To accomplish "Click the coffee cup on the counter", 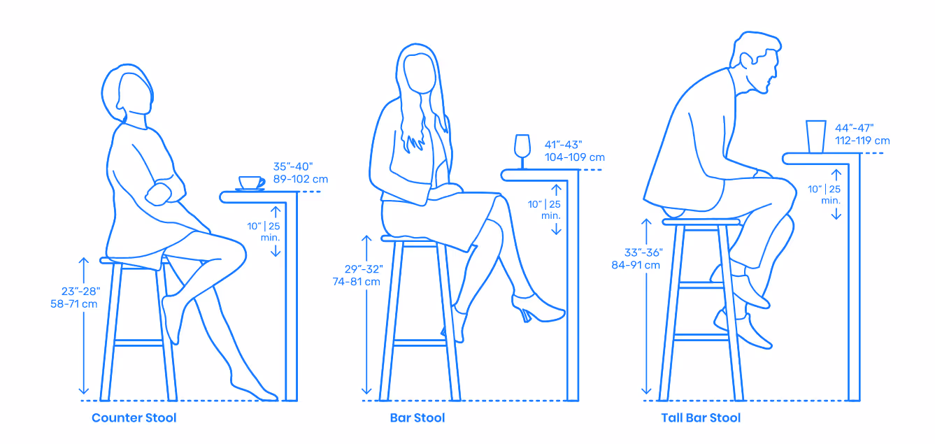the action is point(251,183).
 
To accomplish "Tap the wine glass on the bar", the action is point(522,151).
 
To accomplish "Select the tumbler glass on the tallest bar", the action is point(815,136).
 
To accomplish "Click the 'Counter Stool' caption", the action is point(134,417).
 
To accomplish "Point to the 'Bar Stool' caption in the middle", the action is point(417,417).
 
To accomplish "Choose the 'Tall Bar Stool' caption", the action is point(701,417).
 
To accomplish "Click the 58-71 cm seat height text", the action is point(74,303).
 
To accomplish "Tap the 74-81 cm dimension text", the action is point(356,282).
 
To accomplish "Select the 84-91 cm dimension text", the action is point(636,265).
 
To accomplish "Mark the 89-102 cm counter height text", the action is point(301,179).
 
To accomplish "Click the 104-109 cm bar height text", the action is point(574,157).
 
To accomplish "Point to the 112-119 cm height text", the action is point(862,141).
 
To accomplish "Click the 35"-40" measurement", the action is point(292,166).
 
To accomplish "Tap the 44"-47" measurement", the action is point(854,128).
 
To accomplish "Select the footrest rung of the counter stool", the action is point(138,343).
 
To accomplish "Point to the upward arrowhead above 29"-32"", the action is point(366,240).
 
